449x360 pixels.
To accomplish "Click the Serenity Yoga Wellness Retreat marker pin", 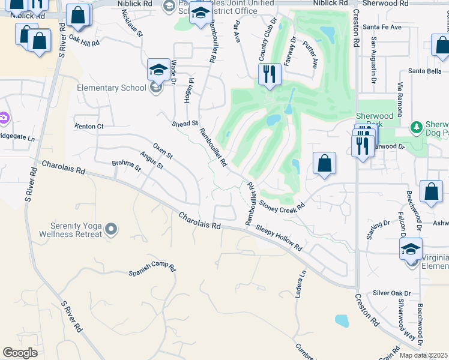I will click(x=110, y=229).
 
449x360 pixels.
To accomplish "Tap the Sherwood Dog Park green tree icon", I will click(x=415, y=127).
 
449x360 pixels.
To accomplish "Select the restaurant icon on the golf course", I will click(x=269, y=74).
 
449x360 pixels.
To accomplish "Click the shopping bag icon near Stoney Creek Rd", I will click(x=324, y=163).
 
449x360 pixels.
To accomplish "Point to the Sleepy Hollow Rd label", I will click(x=279, y=238).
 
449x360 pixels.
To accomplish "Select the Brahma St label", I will click(x=126, y=165).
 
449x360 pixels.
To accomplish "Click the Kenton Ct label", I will click(x=89, y=127).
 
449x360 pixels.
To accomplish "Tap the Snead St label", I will click(x=185, y=123).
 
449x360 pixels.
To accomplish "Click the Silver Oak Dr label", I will click(x=391, y=293).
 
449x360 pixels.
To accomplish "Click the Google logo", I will click(x=20, y=353).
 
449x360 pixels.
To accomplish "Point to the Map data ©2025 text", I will click(x=423, y=355).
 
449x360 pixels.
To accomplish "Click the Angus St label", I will click(x=151, y=159).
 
